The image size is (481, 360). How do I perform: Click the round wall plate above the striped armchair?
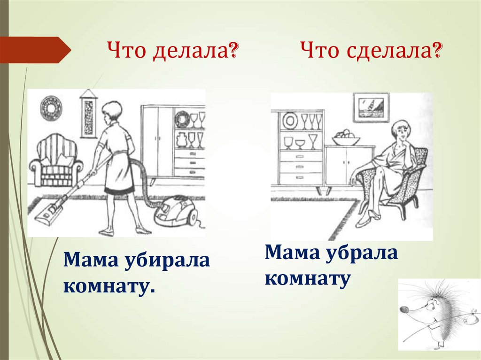click(x=51, y=106)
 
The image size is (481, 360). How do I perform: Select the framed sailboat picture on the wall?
click(x=371, y=107)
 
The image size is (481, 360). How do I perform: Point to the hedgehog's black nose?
click(x=402, y=310)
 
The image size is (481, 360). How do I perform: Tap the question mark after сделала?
click(x=437, y=49)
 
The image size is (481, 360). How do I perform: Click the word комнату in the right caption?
click(x=308, y=279)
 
